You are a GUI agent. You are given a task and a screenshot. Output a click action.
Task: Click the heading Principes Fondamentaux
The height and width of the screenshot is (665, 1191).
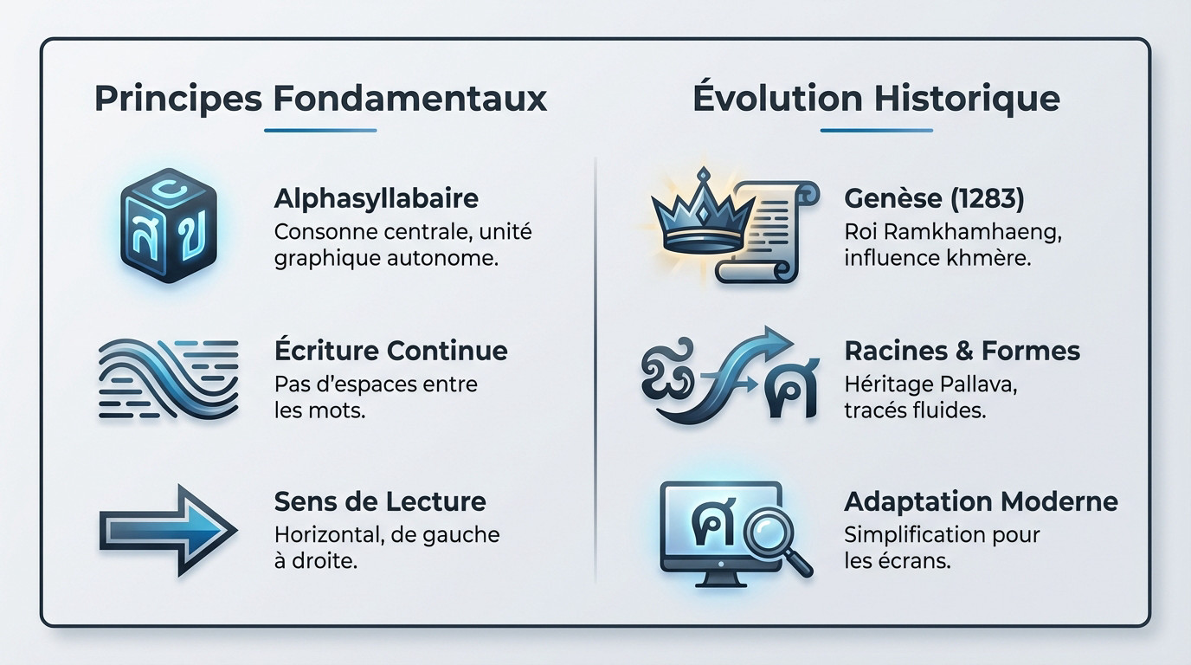(x=320, y=98)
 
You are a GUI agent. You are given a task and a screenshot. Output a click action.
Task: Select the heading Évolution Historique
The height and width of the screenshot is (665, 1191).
(x=876, y=98)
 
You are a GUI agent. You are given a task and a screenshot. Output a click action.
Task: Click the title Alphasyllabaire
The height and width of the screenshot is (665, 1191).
(x=376, y=198)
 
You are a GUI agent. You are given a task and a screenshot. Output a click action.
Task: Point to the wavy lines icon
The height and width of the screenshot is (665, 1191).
(x=169, y=379)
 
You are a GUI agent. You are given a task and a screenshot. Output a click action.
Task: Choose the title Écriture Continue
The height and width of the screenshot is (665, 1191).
(x=390, y=351)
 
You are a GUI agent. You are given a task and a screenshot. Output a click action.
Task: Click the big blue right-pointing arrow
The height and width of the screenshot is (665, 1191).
(x=168, y=529)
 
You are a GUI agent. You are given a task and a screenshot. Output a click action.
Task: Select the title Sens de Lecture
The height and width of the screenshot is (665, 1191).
(x=380, y=501)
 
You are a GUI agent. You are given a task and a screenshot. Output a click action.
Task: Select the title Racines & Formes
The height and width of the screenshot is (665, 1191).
(x=962, y=351)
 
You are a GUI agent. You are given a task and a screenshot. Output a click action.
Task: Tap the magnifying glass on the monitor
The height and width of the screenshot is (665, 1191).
(x=774, y=538)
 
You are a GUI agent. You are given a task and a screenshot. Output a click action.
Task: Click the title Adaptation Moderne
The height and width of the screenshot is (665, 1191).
(x=981, y=501)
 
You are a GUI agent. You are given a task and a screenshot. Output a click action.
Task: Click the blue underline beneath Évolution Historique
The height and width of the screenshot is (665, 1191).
(x=876, y=131)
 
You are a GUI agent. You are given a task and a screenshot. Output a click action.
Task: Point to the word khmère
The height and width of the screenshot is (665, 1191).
(x=993, y=258)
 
